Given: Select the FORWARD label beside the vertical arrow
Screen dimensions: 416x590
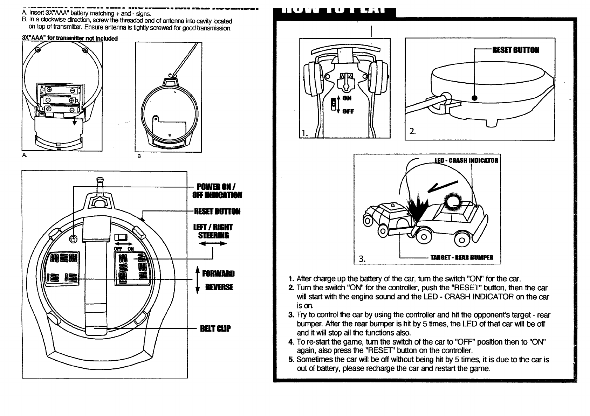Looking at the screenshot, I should [x=219, y=273].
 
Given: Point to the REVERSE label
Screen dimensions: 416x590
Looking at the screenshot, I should [x=219, y=287].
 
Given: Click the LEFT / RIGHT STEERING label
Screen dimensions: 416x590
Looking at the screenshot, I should [x=213, y=231].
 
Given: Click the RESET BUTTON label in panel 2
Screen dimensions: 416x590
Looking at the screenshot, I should [x=516, y=50].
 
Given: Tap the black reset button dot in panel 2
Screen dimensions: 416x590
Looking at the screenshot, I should [x=475, y=98].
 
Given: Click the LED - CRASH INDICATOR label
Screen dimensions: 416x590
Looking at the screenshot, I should [x=466, y=161].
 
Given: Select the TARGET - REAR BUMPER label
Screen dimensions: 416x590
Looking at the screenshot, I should [x=462, y=258].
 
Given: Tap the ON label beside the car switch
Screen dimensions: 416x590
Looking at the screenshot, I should [x=347, y=98].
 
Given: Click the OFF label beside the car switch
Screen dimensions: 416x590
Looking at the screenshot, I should [x=348, y=112].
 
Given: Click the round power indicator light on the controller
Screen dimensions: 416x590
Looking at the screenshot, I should [x=73, y=239].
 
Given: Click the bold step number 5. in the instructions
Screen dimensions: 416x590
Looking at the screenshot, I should [x=291, y=360].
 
